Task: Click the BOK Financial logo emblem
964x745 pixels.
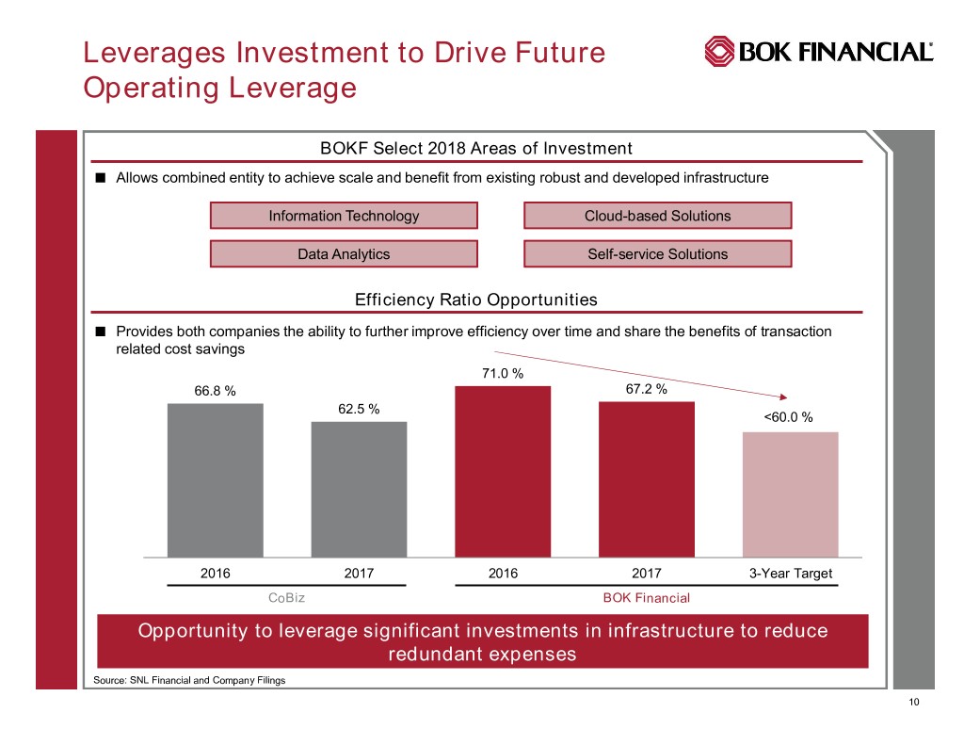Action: point(720,52)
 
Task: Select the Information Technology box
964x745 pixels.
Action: point(344,216)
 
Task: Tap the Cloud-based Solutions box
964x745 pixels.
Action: point(657,216)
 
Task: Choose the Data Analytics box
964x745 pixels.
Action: point(344,253)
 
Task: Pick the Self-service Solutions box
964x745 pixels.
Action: point(657,253)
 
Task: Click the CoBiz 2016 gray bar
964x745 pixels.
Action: point(215,480)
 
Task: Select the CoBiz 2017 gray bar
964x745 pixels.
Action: point(359,489)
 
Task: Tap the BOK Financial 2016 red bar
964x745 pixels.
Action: point(503,471)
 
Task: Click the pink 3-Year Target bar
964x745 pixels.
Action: point(790,494)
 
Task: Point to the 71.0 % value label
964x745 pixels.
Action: point(503,374)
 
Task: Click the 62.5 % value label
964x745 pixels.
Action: point(359,409)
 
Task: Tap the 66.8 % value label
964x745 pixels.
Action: point(215,391)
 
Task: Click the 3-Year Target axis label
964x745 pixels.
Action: point(790,574)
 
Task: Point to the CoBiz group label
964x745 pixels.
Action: point(286,597)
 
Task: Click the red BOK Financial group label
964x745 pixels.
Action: point(646,597)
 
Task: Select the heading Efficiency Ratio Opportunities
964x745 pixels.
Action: point(475,300)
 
